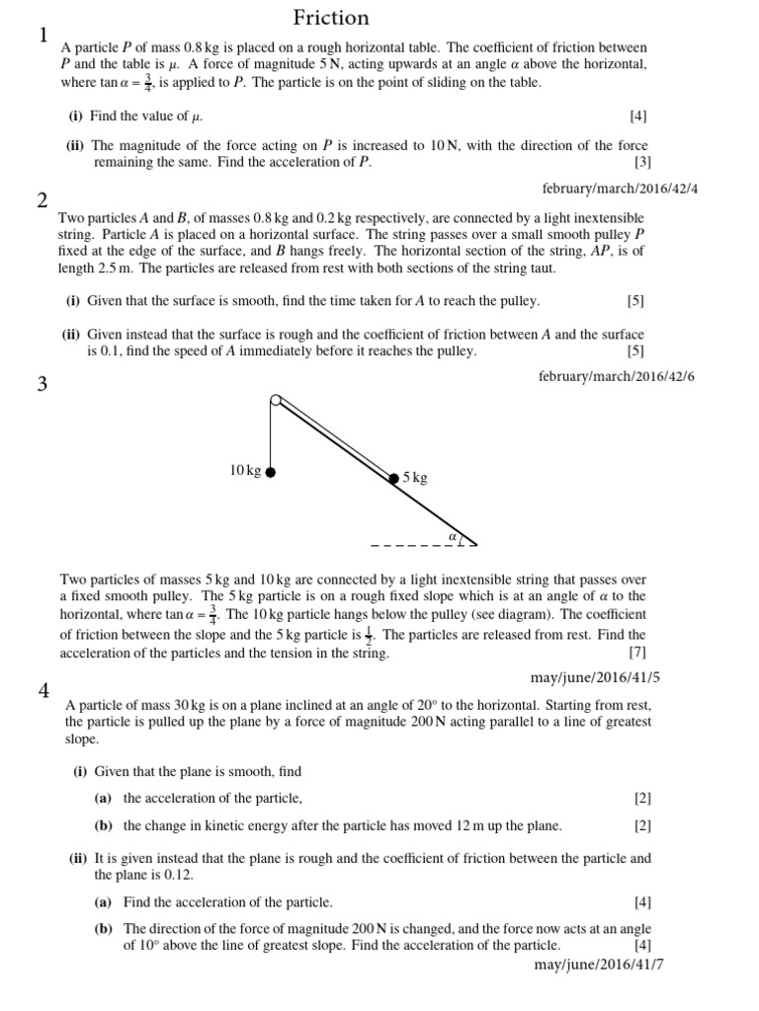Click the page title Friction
click(x=331, y=18)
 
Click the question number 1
click(x=43, y=37)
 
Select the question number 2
click(x=43, y=201)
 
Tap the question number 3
click(x=43, y=384)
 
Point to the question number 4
click(x=43, y=691)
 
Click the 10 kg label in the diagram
click(x=245, y=471)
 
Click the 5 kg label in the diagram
click(x=415, y=478)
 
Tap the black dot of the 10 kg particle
click(x=270, y=472)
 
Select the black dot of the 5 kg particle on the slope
click(x=393, y=478)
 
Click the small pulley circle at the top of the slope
click(x=275, y=400)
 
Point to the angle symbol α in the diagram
click(x=452, y=536)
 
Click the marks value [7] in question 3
click(x=636, y=654)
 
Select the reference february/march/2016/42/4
click(x=619, y=187)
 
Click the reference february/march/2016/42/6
click(x=619, y=376)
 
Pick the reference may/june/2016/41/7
click(x=598, y=963)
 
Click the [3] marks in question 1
click(x=642, y=162)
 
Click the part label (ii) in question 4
click(x=79, y=858)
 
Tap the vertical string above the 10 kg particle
click(x=270, y=434)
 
